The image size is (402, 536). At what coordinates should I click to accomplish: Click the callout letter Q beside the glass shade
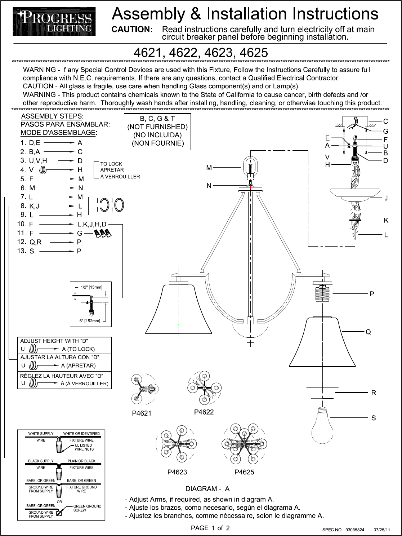coord(368,332)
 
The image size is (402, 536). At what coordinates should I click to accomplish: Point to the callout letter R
coord(374,393)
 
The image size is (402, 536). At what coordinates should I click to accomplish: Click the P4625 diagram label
coord(244,472)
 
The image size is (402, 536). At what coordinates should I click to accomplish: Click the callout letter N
coord(209,186)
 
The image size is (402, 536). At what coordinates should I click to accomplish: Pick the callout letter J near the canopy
coord(386,198)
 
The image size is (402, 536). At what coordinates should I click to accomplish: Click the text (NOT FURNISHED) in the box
coord(157,127)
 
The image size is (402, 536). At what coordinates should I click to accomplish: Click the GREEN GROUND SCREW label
coord(87,508)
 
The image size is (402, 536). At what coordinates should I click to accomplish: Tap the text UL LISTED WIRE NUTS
coord(84,447)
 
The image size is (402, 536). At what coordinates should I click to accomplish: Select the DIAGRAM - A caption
coord(207,489)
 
